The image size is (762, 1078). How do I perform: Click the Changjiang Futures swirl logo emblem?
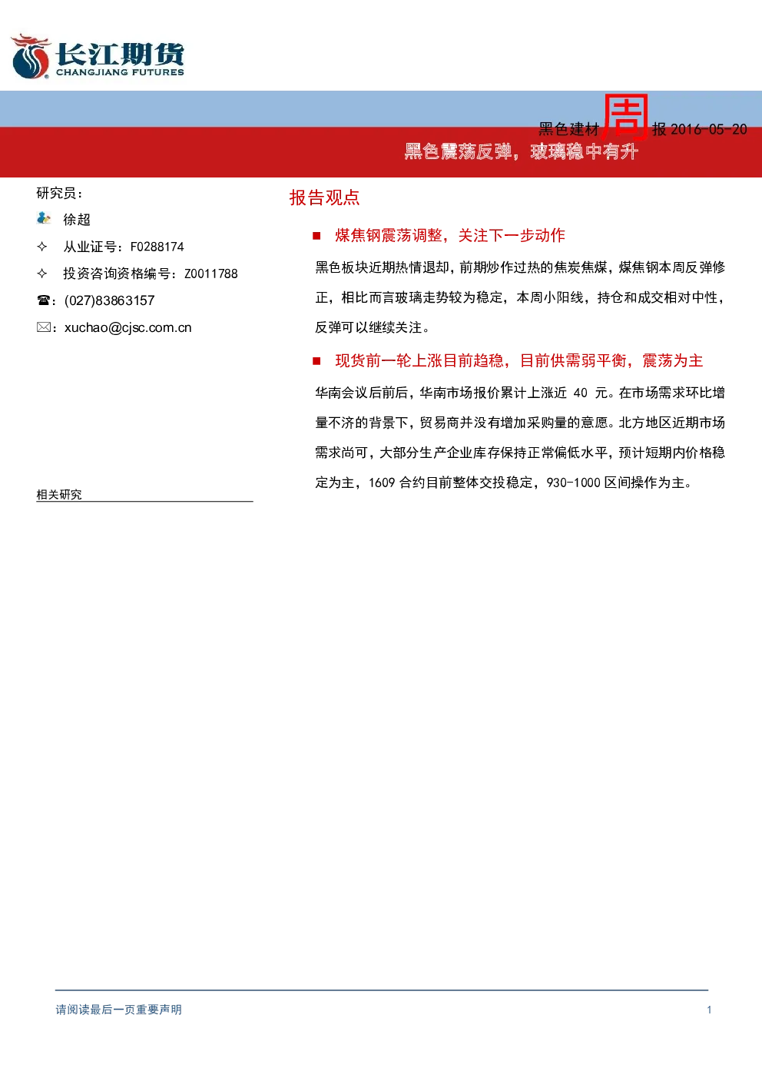click(30, 56)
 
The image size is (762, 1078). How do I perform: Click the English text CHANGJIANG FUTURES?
click(120, 72)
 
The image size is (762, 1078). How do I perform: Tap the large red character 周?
click(625, 117)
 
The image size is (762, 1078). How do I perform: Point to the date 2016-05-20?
click(708, 129)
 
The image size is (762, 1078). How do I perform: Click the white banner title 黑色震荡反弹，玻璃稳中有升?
click(521, 151)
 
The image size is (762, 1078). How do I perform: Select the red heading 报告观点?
click(325, 197)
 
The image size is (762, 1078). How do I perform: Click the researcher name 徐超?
click(77, 220)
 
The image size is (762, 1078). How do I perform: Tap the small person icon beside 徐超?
click(43, 218)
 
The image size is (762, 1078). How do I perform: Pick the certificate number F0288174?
click(157, 247)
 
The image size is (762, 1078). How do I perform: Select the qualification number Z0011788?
click(211, 274)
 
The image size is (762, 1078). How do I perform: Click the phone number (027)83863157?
click(110, 300)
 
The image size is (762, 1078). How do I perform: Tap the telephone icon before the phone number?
click(43, 300)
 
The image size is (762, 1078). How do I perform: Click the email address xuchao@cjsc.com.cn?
click(128, 328)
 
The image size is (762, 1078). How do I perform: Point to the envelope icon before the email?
click(43, 327)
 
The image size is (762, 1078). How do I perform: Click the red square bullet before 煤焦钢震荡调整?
click(316, 236)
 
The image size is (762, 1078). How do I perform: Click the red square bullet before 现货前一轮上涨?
click(316, 361)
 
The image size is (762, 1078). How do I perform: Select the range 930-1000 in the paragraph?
click(574, 483)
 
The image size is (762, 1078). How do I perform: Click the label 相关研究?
click(59, 494)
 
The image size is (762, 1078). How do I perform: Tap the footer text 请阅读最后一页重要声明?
click(119, 1010)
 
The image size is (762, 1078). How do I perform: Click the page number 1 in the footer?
click(709, 1010)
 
